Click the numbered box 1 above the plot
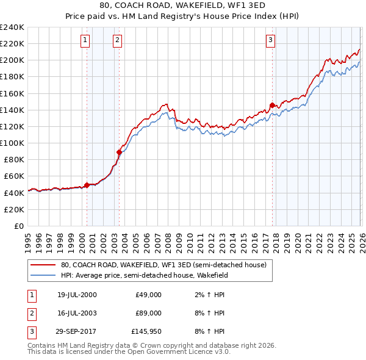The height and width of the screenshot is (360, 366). point(85,41)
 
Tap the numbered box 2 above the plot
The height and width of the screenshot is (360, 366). point(117,41)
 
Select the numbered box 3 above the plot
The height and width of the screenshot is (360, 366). point(270,41)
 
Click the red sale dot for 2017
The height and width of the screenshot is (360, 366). point(272,104)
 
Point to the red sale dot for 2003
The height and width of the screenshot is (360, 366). point(119,152)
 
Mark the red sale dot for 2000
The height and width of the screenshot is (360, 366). point(87,185)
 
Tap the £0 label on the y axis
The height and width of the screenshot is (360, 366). point(18,226)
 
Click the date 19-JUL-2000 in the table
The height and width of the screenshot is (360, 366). point(77,295)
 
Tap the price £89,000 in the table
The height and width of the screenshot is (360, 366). point(148,313)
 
